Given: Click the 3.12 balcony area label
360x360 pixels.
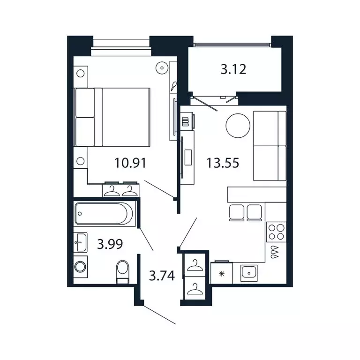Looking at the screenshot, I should (x=233, y=70).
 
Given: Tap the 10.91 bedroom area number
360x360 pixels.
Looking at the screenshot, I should (x=130, y=163).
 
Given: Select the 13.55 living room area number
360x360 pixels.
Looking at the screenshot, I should (x=223, y=163).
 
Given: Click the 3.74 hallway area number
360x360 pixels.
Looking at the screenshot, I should (x=162, y=275).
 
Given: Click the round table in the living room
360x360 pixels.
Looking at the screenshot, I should (x=239, y=126).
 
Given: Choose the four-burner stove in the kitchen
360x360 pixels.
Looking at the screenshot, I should (x=276, y=231).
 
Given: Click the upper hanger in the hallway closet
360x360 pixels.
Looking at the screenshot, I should (x=193, y=266).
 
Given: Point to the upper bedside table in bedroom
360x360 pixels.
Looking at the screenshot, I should (x=81, y=74).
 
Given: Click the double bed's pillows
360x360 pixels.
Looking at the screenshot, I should (x=85, y=117).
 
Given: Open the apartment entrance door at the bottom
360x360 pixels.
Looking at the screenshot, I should (x=159, y=314).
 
